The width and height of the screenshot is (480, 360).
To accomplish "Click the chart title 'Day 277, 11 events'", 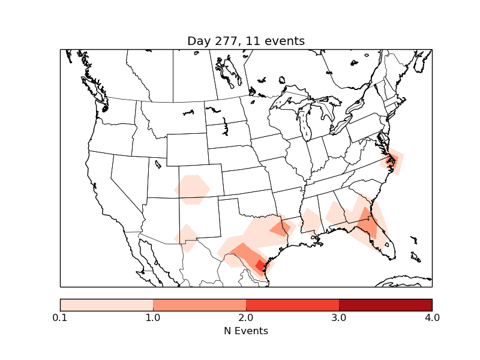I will point(246,41).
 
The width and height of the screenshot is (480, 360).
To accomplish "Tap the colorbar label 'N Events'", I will point(246,331).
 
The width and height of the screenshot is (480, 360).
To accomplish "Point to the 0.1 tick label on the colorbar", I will point(60,317).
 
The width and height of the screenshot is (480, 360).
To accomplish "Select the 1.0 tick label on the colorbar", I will point(153,317).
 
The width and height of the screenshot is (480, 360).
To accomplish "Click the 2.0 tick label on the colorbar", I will point(246,317).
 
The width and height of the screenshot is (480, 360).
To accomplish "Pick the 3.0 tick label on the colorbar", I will point(339,317).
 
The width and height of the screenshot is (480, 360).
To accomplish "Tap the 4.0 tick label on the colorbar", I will point(432,317).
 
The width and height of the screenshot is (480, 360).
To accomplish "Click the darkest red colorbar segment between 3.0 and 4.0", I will point(385,304).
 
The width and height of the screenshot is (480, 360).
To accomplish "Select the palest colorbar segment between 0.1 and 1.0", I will point(106,304).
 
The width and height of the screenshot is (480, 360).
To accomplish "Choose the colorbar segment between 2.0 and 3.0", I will point(292,304).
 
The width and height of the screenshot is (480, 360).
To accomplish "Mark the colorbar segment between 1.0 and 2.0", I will point(199,304).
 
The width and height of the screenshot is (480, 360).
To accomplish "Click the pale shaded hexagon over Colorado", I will point(192,190).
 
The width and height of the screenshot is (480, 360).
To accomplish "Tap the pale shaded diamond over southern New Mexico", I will point(187,238).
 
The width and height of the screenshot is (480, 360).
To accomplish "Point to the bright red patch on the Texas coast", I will point(260,265).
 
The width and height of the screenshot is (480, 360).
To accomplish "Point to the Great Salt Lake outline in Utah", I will point(158,163).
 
